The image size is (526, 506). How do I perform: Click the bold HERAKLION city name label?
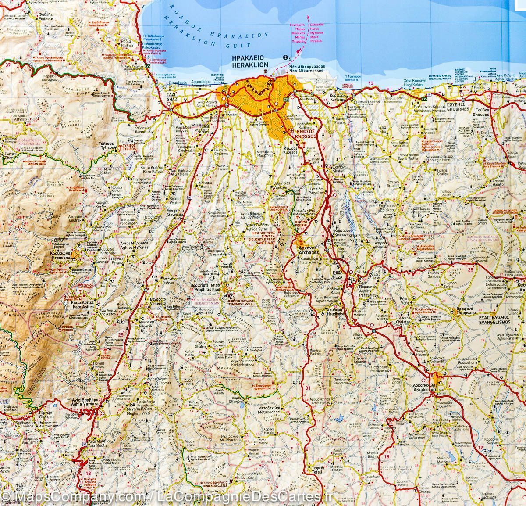pos(250,65)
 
